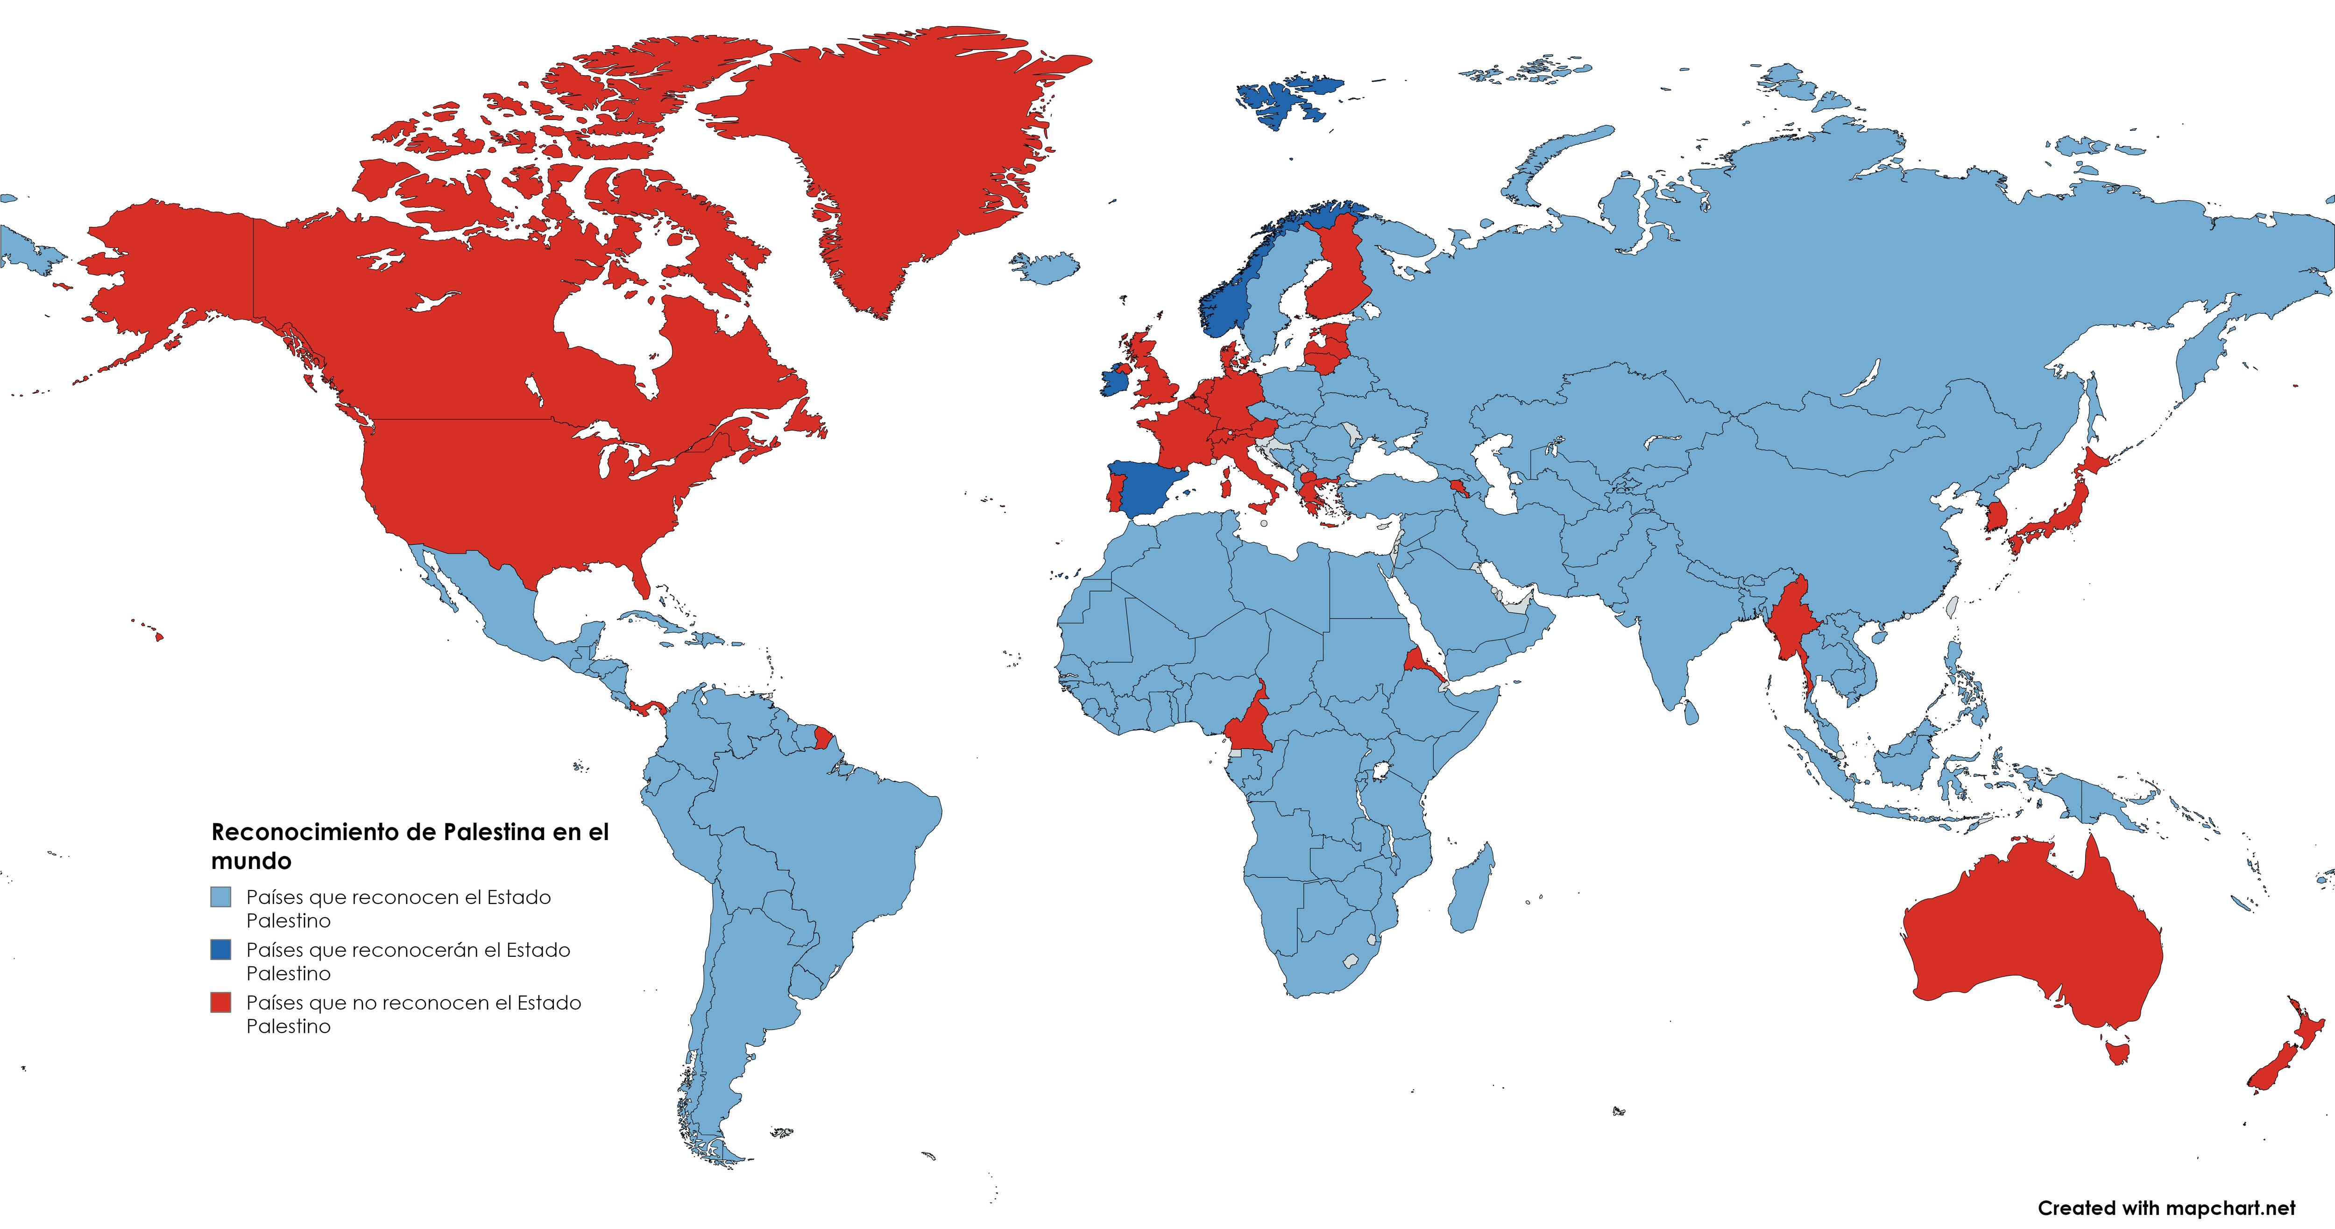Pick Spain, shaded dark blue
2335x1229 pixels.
(x=1145, y=489)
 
